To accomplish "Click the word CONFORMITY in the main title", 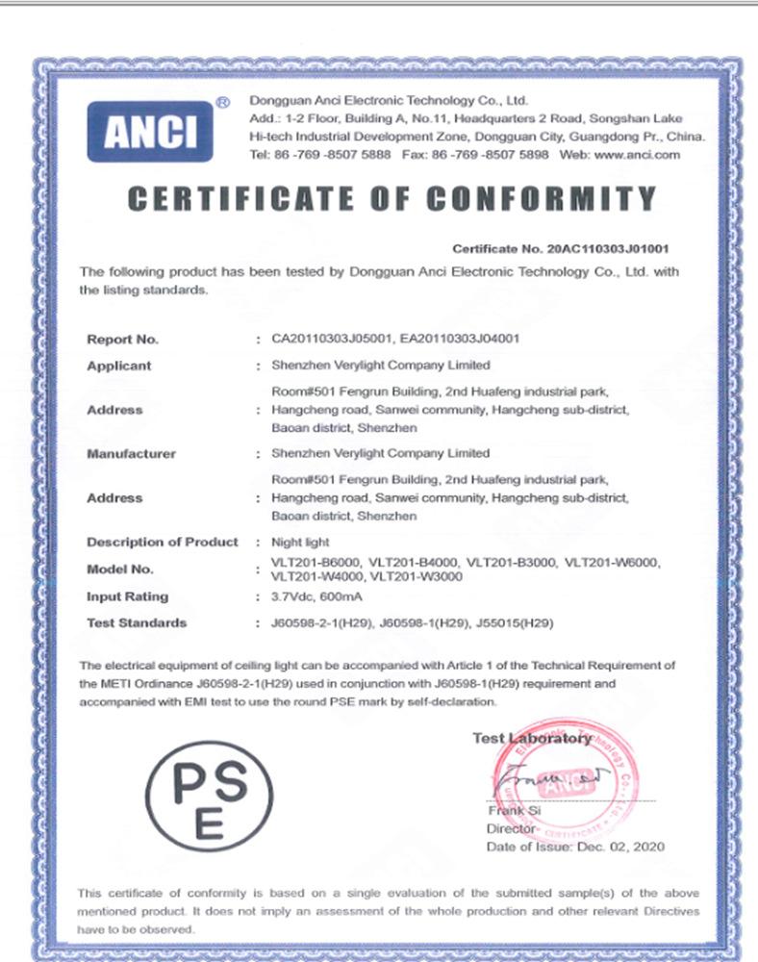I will [542, 198].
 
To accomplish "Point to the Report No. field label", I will [122, 339].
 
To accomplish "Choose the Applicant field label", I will [119, 366].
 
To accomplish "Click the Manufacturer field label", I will [131, 453].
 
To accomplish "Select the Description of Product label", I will [162, 542].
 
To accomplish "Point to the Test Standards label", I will [137, 622].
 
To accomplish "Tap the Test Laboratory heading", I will [532, 739].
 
